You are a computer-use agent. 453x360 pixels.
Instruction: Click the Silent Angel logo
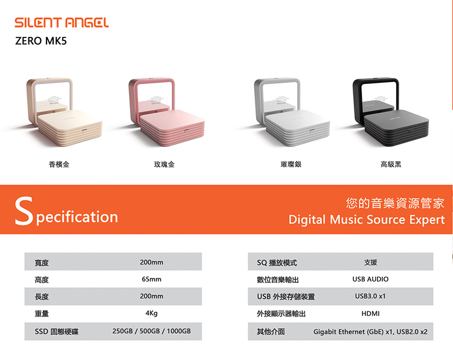[x=62, y=22]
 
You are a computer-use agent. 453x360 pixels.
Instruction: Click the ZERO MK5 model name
[x=40, y=40]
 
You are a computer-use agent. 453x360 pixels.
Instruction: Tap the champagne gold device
[x=64, y=112]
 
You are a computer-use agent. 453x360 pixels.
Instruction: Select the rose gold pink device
[x=167, y=112]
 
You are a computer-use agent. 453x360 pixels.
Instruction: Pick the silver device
[x=292, y=112]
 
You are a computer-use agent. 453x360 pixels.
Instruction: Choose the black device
[x=391, y=112]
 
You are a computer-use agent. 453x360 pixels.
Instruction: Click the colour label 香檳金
[x=59, y=164]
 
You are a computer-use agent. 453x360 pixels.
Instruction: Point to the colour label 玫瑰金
[x=164, y=164]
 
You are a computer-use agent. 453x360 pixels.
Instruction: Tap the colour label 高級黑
[x=391, y=164]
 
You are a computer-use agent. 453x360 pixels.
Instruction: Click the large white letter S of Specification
[x=24, y=211]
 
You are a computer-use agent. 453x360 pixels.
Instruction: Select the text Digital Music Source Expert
[x=367, y=220]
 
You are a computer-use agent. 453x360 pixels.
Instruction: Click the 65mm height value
[x=152, y=279]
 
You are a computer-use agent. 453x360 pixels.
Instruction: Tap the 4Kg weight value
[x=152, y=313]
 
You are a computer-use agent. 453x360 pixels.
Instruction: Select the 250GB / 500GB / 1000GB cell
[x=152, y=331]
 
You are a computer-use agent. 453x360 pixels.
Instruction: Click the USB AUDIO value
[x=370, y=279]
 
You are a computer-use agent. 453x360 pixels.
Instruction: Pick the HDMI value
[x=370, y=313]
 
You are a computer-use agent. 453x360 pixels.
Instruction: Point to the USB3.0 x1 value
[x=370, y=296]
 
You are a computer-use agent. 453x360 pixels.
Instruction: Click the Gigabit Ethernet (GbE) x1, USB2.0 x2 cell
[x=370, y=332]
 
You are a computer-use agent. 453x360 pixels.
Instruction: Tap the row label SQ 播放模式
[x=277, y=263]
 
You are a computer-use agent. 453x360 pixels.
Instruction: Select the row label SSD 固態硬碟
[x=56, y=332]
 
